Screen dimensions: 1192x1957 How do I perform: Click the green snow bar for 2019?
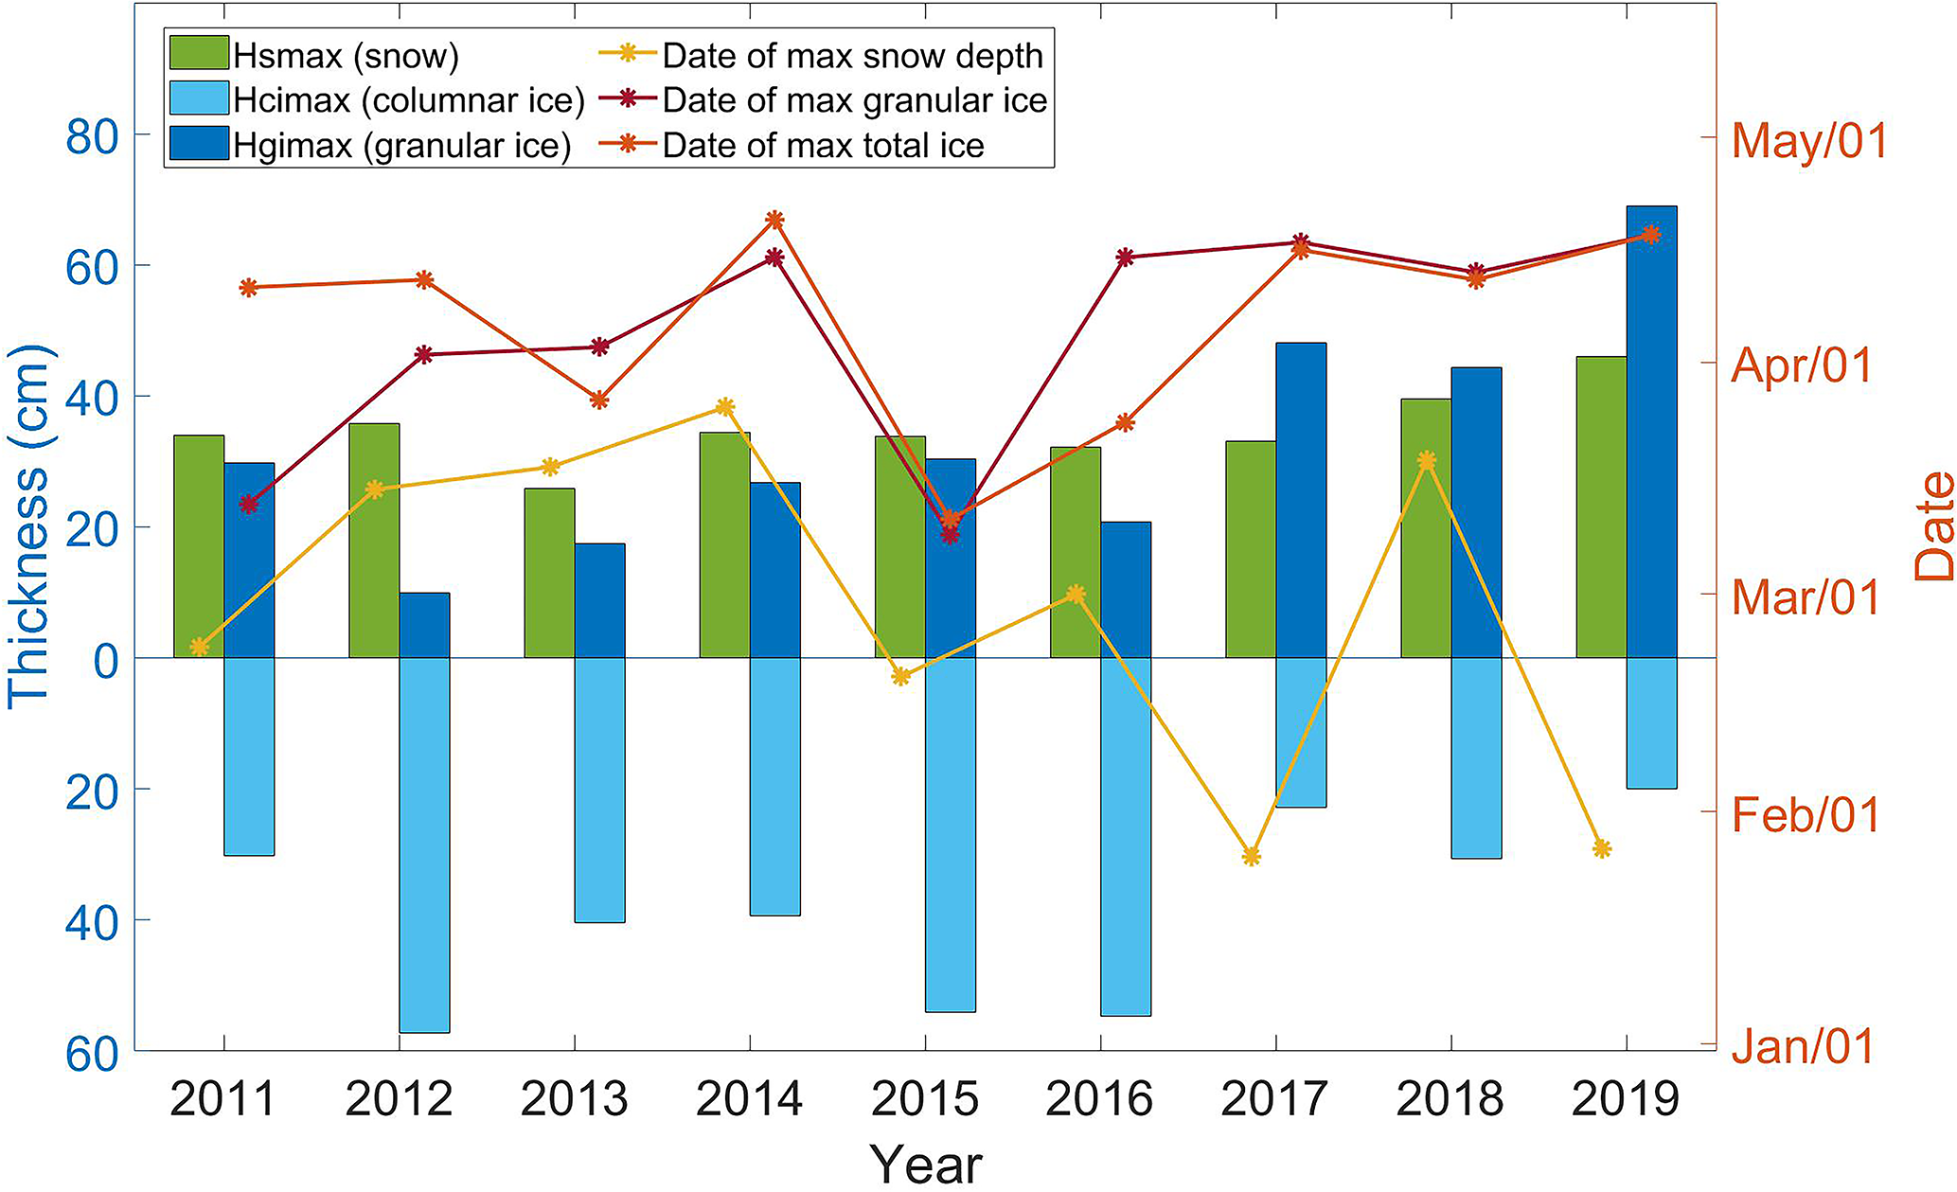[x=1601, y=507]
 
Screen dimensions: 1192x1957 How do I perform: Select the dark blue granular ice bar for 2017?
[x=1301, y=500]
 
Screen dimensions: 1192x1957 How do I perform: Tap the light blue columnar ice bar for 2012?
[x=424, y=845]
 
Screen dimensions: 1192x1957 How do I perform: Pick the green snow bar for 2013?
[x=549, y=573]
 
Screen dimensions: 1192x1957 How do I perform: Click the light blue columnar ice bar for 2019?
[x=1651, y=722]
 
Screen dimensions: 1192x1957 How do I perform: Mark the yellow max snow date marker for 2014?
[x=725, y=407]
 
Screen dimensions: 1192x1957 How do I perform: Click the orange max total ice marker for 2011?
[x=249, y=288]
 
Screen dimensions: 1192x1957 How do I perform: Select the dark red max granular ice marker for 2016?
[x=1125, y=258]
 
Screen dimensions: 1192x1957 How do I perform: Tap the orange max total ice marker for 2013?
[x=599, y=400]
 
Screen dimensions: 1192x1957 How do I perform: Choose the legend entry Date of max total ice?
[x=823, y=146]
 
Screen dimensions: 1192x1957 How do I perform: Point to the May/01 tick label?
[x=1809, y=140]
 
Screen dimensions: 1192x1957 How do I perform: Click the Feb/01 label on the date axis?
[x=1806, y=815]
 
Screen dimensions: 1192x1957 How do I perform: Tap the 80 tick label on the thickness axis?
[x=92, y=138]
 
